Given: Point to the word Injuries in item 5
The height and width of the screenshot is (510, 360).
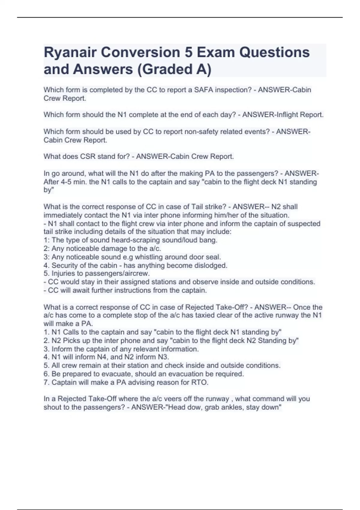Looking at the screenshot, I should [64, 274].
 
